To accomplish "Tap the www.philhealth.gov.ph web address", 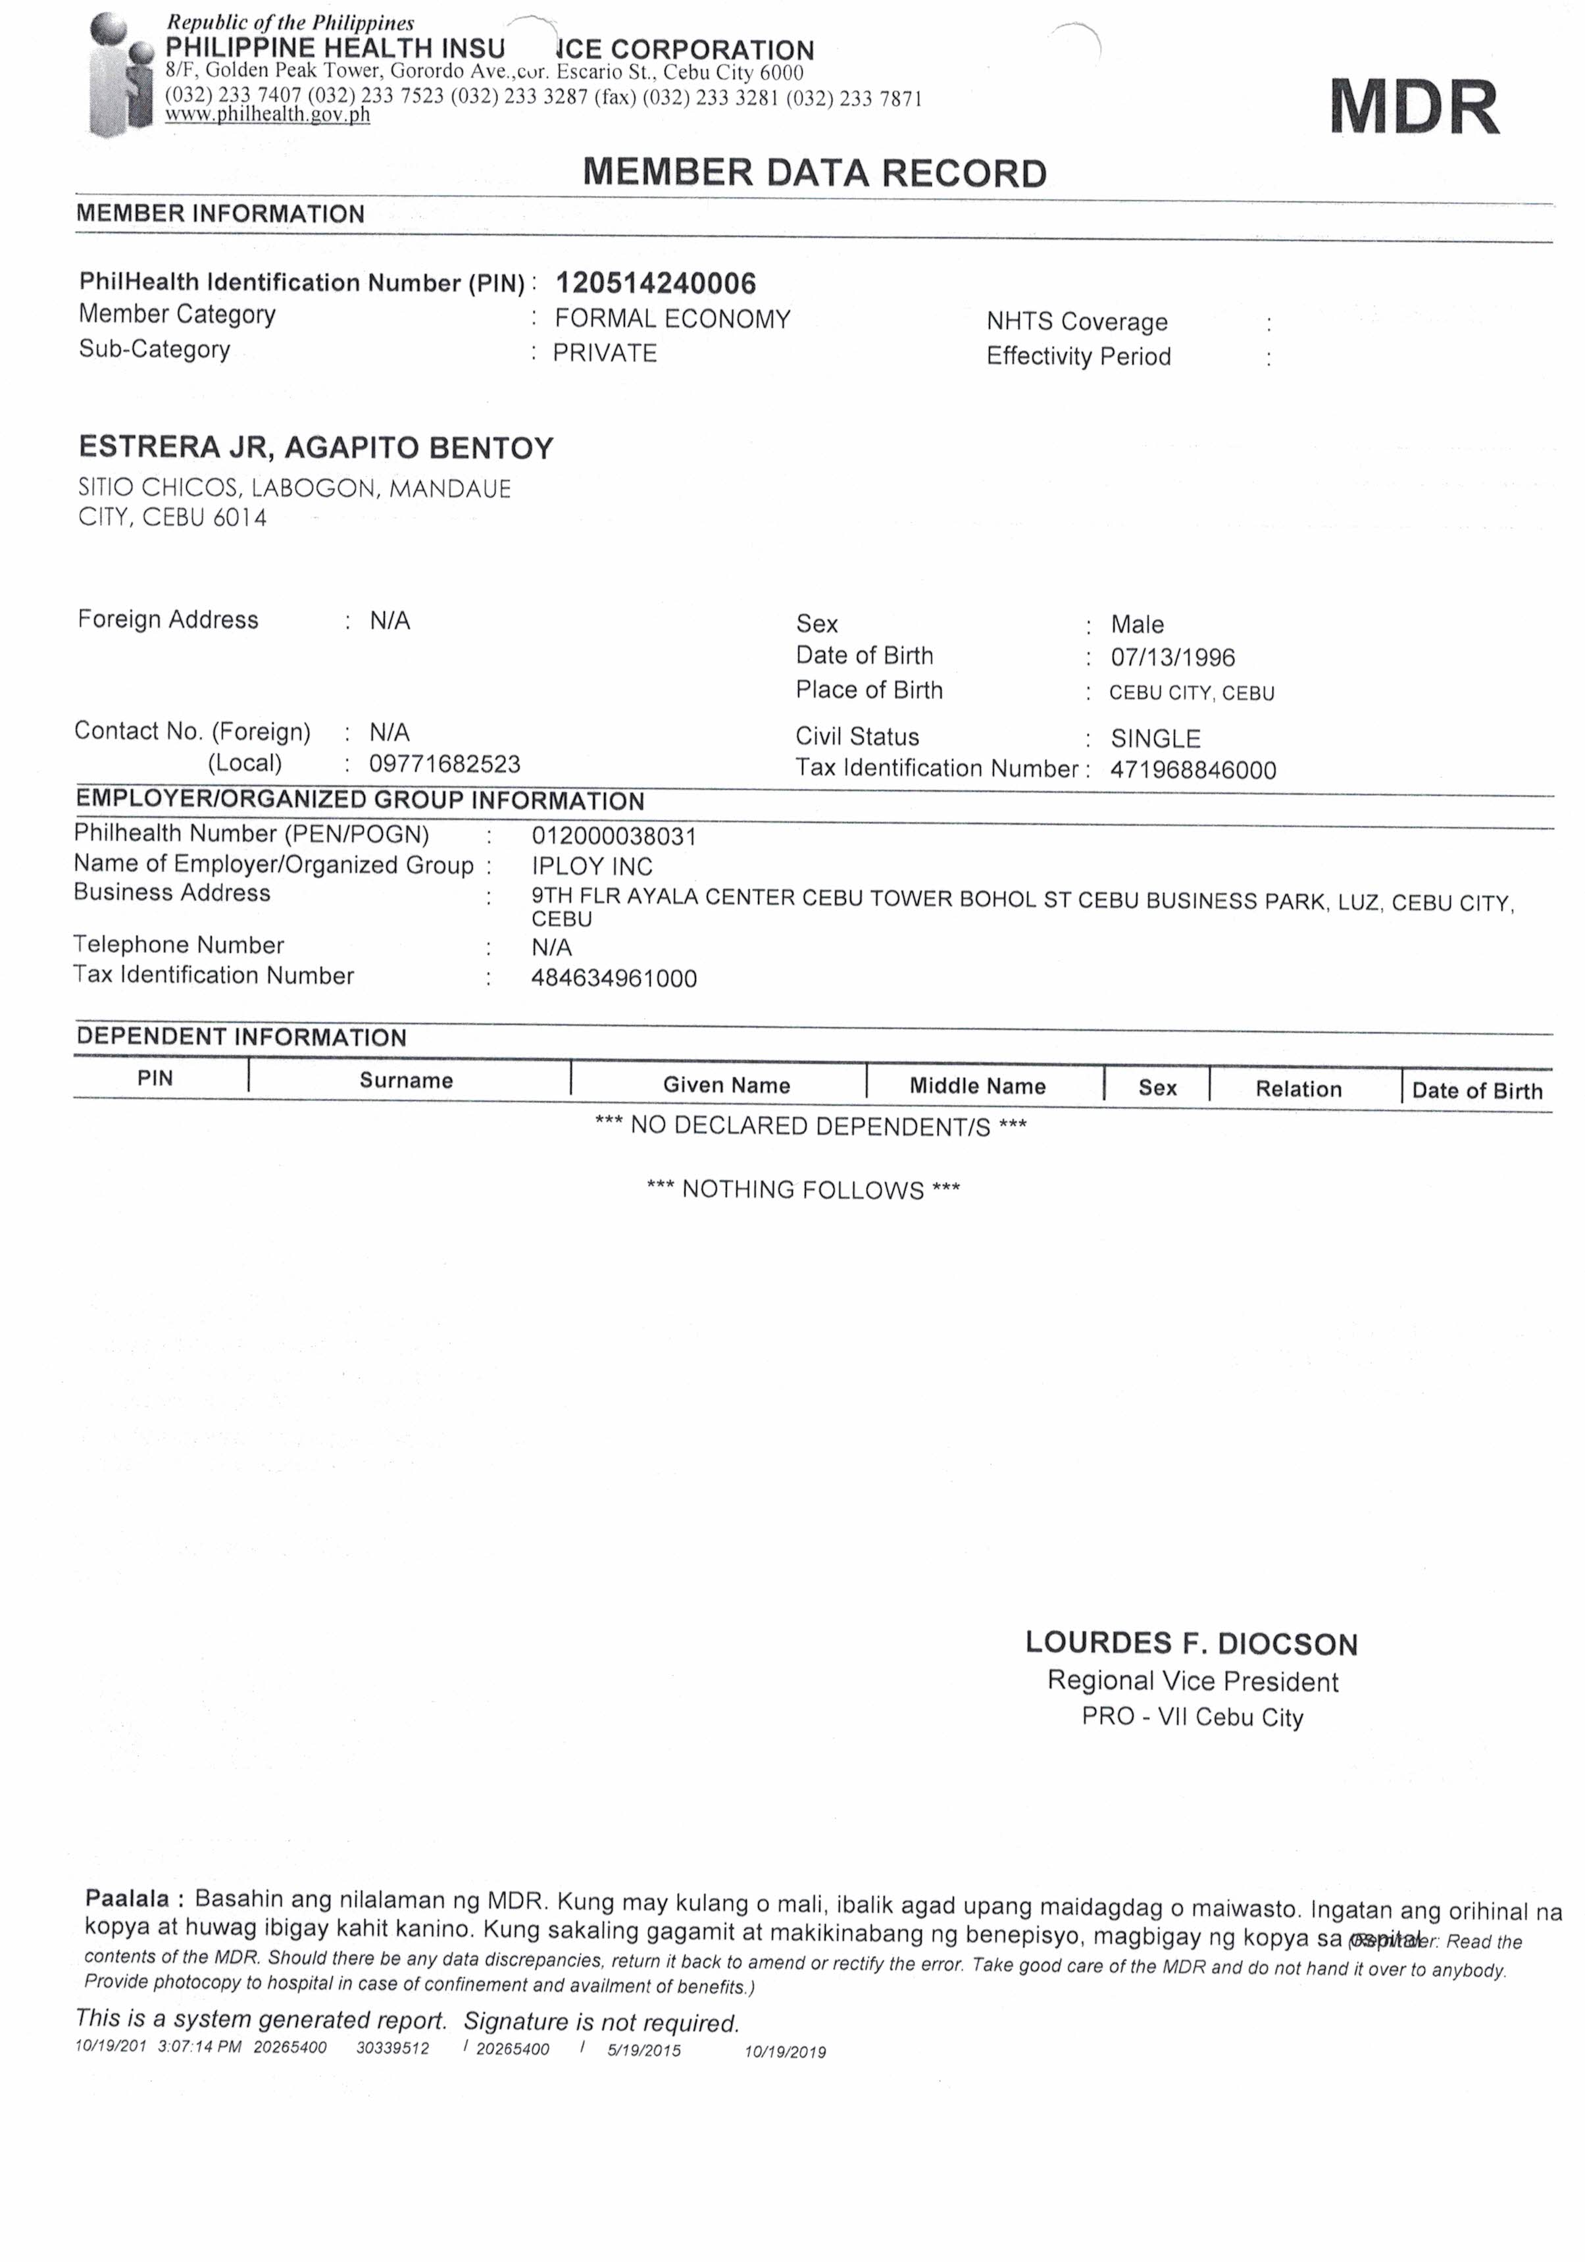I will (268, 115).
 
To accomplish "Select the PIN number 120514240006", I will (656, 284).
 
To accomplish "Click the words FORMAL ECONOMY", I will (673, 319).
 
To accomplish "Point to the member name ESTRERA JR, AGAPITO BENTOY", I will (316, 448).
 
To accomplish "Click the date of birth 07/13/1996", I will (1172, 657).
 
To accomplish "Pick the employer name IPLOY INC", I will (592, 867).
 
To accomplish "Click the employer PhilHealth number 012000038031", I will (614, 836).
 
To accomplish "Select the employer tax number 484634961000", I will (614, 978).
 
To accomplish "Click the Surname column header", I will (406, 1081).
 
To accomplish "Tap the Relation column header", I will (1298, 1089).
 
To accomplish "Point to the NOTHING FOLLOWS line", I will (803, 1189).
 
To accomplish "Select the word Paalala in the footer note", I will (127, 1899).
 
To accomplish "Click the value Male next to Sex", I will (1137, 625).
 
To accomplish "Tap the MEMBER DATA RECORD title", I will (814, 173).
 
